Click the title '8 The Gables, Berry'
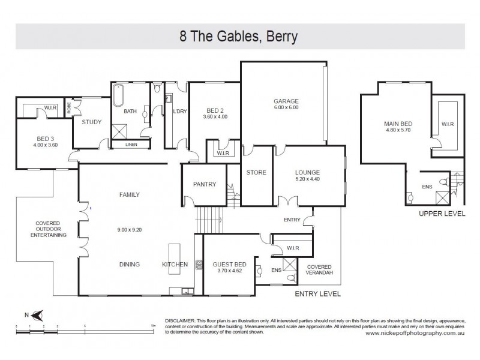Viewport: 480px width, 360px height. click(x=239, y=37)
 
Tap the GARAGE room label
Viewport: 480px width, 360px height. click(x=286, y=101)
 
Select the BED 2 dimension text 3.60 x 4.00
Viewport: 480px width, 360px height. click(x=215, y=118)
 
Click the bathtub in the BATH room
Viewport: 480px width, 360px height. click(x=118, y=96)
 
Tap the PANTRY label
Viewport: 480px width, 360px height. click(x=203, y=184)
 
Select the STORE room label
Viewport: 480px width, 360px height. click(x=256, y=172)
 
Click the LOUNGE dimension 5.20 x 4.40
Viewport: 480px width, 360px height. click(x=307, y=179)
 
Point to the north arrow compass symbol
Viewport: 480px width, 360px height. click(x=37, y=313)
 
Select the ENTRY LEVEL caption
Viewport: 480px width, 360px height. click(x=317, y=295)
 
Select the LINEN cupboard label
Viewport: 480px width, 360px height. click(x=130, y=144)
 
